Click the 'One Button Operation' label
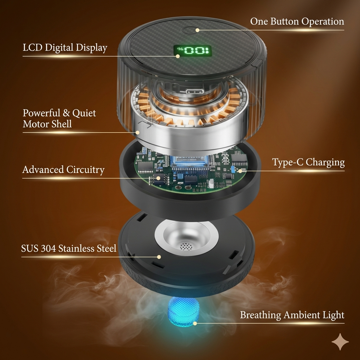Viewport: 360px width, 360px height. [x=297, y=21]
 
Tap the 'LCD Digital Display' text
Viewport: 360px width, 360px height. [x=65, y=47]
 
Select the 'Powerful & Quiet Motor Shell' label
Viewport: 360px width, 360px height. [x=59, y=118]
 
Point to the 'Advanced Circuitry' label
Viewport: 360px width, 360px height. [x=63, y=170]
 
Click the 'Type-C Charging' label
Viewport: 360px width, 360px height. [x=308, y=162]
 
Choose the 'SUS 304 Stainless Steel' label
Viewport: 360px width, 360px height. [x=69, y=249]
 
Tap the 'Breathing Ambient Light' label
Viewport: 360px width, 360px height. [x=292, y=315]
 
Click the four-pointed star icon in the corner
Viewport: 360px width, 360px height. [x=340, y=342]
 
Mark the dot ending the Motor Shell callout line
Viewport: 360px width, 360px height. [x=138, y=133]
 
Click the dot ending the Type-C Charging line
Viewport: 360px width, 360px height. [x=240, y=171]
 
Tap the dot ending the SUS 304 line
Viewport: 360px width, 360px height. [x=159, y=257]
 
